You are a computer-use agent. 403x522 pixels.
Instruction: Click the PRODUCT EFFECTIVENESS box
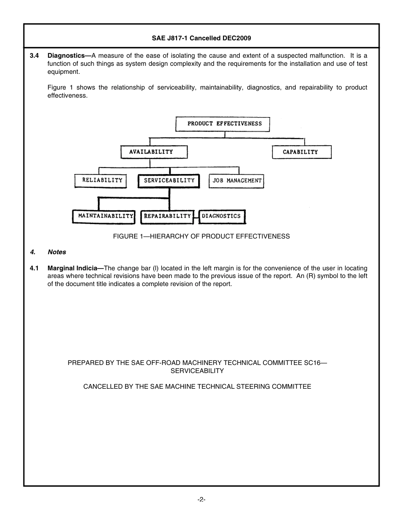click(x=223, y=124)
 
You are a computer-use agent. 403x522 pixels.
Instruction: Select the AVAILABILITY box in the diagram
click(x=153, y=152)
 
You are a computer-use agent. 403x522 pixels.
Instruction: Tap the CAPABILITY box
click(x=301, y=152)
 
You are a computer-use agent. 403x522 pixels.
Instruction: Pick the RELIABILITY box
click(x=102, y=180)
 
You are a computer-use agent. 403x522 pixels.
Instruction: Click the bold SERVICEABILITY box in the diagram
click(x=169, y=180)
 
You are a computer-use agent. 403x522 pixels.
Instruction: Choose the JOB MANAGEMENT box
click(x=237, y=181)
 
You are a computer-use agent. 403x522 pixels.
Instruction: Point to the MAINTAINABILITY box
click(x=104, y=216)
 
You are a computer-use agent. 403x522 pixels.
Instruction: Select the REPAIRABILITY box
click(x=167, y=216)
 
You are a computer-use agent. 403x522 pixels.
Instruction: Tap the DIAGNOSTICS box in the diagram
click(x=222, y=216)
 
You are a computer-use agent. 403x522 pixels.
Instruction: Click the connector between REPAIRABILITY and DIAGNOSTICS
click(x=196, y=217)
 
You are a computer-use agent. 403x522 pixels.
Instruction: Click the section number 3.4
click(x=34, y=56)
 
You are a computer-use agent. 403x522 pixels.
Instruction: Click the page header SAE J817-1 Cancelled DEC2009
click(x=201, y=38)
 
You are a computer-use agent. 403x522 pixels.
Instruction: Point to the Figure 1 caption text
click(x=201, y=236)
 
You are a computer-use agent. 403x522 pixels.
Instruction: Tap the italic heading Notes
click(x=57, y=252)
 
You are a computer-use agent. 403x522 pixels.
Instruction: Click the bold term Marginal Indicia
click(x=73, y=268)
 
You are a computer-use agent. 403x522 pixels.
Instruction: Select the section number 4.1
click(x=34, y=268)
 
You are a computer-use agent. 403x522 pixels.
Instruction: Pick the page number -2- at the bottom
click(x=201, y=500)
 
